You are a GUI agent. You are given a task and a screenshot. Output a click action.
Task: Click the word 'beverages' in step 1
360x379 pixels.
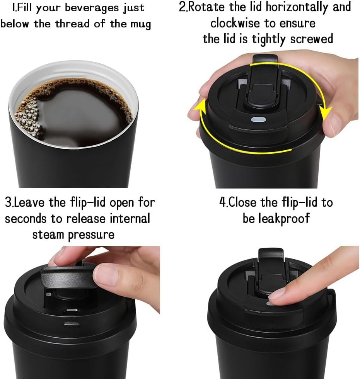point(92,8)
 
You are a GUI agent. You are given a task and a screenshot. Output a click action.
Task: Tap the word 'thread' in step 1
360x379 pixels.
point(72,24)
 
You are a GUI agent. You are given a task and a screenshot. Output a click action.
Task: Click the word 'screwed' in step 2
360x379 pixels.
point(312,39)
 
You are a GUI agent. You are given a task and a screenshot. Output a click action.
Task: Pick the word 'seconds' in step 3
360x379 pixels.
point(26,219)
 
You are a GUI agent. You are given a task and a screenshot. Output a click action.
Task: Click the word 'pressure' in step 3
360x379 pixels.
point(91,235)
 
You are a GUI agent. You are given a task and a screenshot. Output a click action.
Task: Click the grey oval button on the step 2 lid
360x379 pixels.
point(258,120)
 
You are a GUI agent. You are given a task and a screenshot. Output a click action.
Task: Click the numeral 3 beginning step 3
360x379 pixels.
point(8,202)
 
